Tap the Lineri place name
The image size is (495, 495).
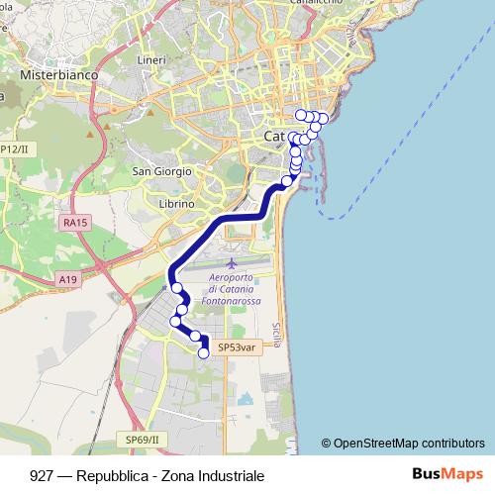151,60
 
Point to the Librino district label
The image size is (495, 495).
177,203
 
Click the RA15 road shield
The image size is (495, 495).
75,224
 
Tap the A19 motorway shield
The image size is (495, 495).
67,280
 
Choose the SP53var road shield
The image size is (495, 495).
236,347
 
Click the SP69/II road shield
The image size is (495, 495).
143,439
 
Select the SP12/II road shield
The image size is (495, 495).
14,148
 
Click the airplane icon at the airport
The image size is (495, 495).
232,263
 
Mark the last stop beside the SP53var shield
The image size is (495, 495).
204,352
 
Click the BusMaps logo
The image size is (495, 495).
447,475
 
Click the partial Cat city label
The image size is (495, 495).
275,135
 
